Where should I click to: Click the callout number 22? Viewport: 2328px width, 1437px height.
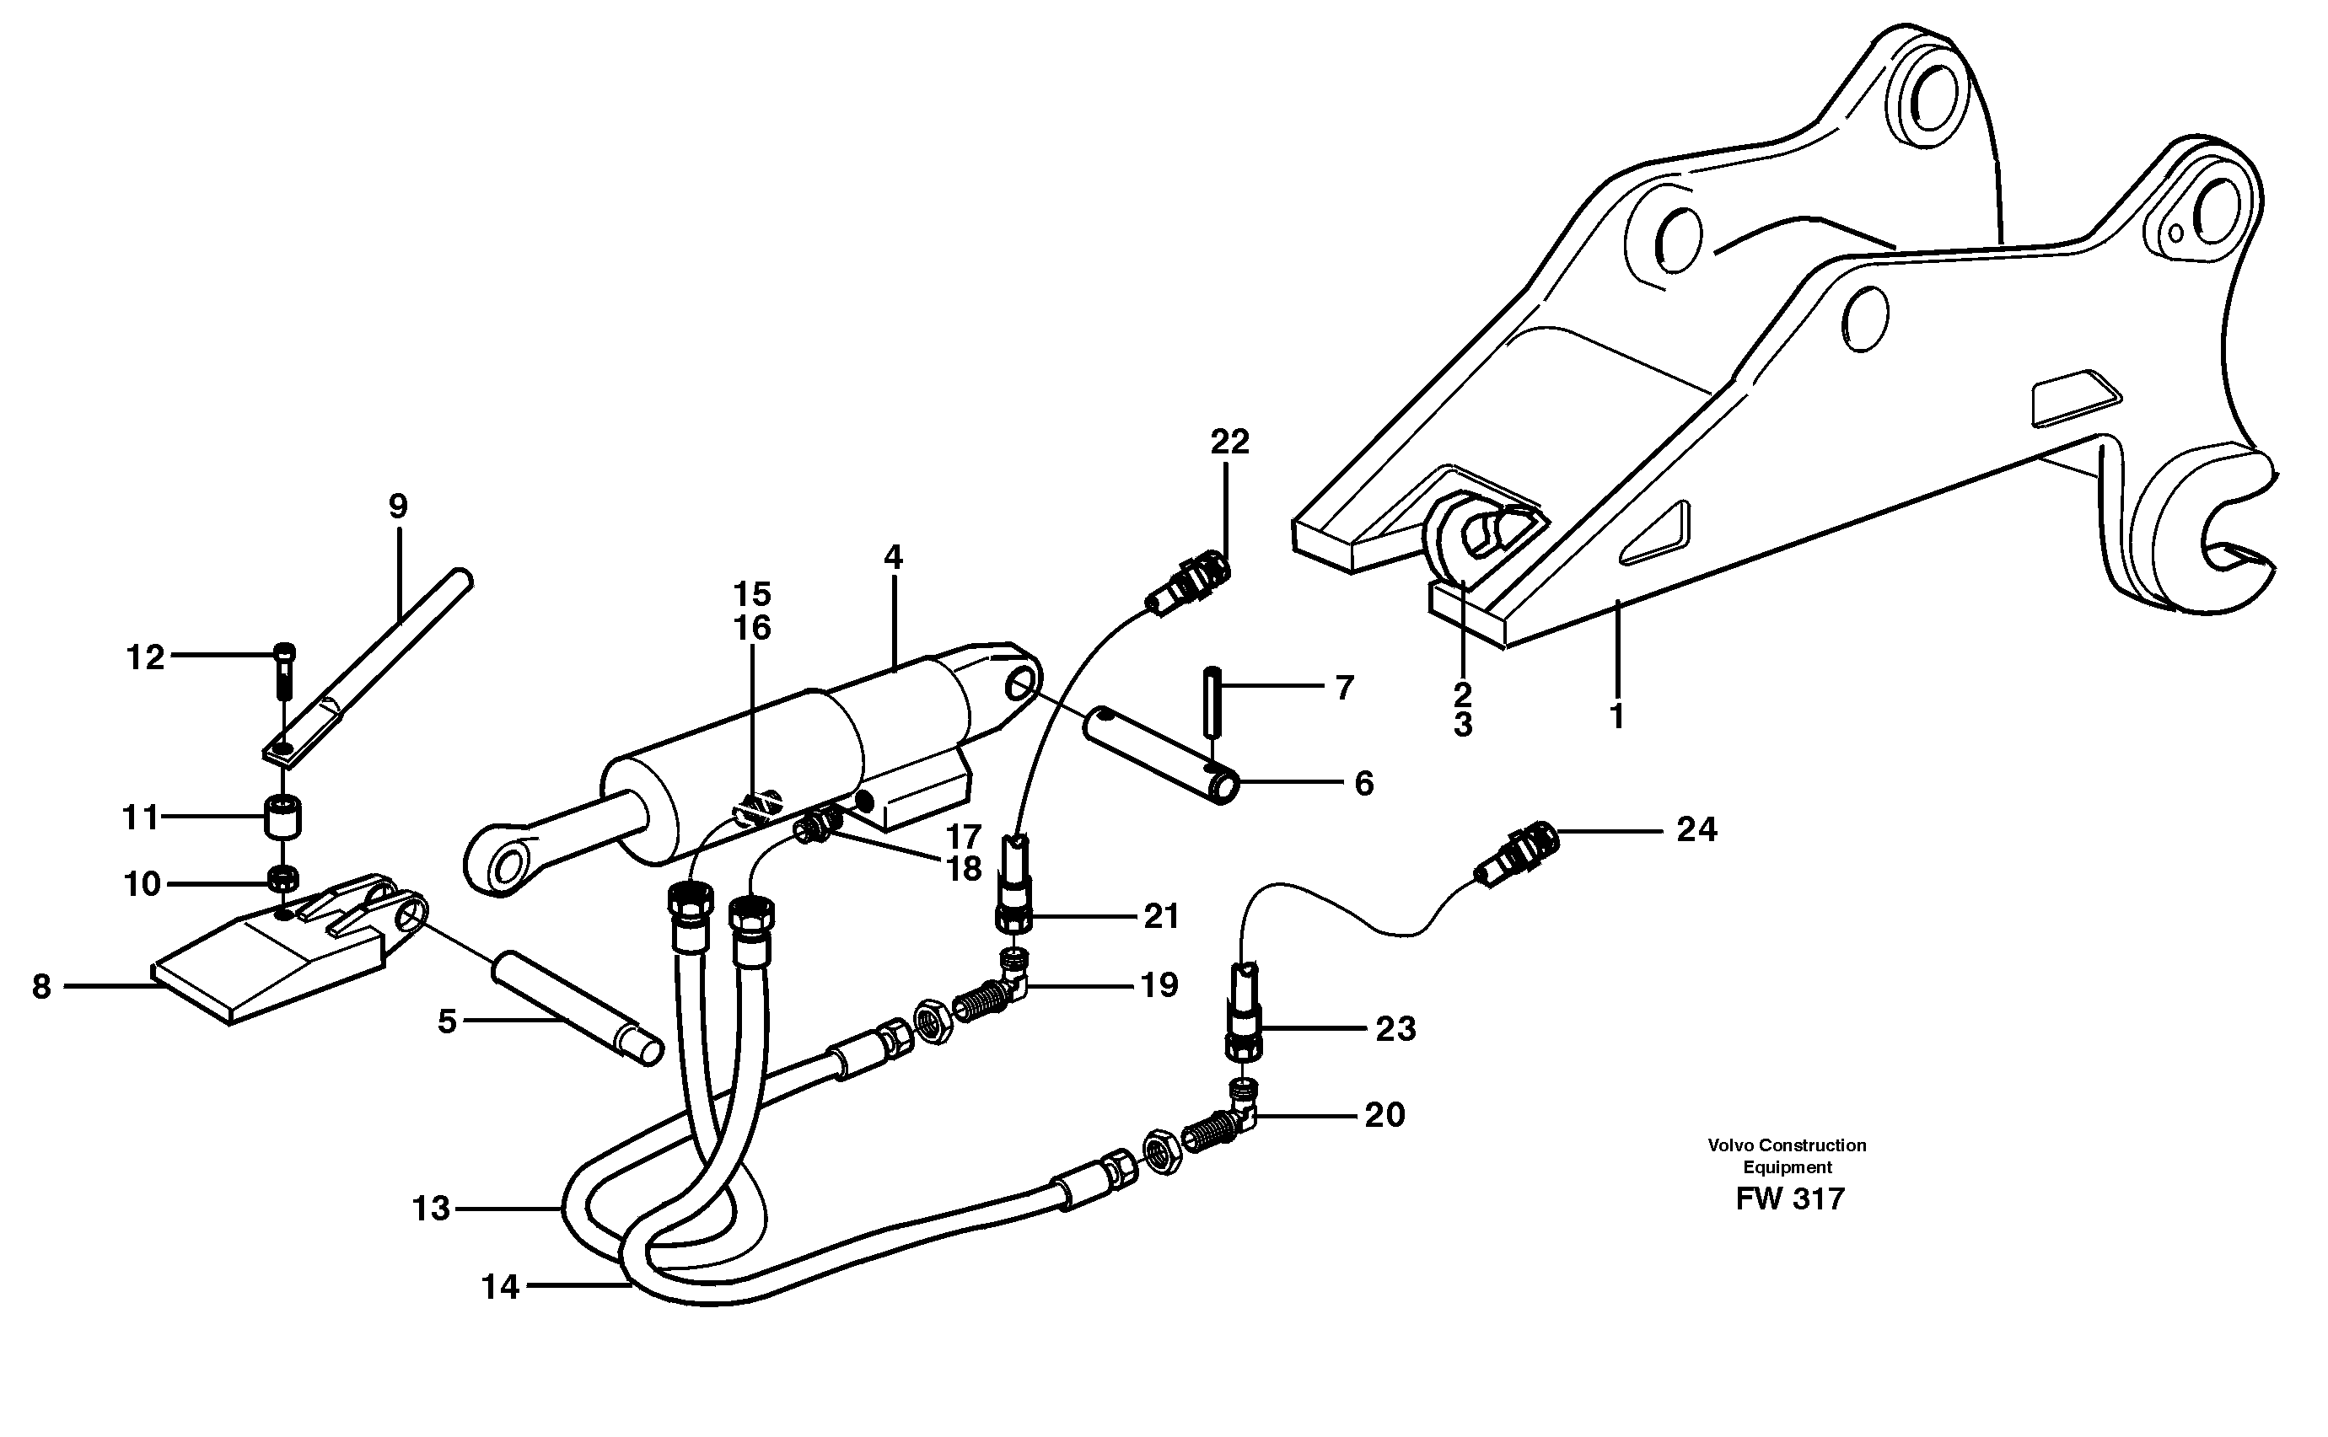(1229, 442)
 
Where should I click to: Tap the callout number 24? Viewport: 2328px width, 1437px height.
(1696, 831)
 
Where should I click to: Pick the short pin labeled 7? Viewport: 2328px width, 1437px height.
(1211, 701)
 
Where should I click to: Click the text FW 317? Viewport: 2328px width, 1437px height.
(1789, 1199)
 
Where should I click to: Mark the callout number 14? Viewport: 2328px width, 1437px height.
(500, 1288)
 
